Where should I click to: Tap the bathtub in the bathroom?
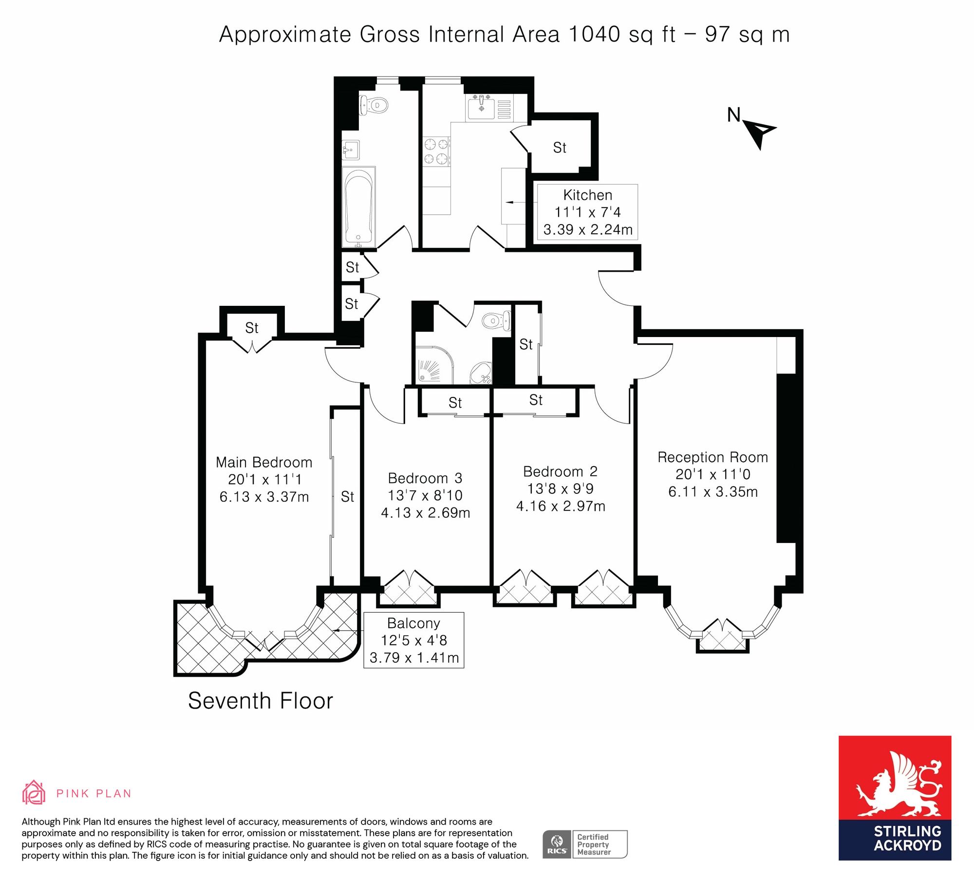(359, 207)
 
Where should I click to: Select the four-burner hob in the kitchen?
(436, 151)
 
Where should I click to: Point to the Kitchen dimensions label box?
(587, 212)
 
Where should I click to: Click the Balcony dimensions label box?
(414, 640)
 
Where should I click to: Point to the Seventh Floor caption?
(261, 701)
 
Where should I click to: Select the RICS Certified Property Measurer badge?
(585, 844)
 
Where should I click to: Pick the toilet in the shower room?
(496, 320)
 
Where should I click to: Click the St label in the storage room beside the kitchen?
(560, 148)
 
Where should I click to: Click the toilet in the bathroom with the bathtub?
(374, 105)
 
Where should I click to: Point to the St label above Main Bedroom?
(252, 328)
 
